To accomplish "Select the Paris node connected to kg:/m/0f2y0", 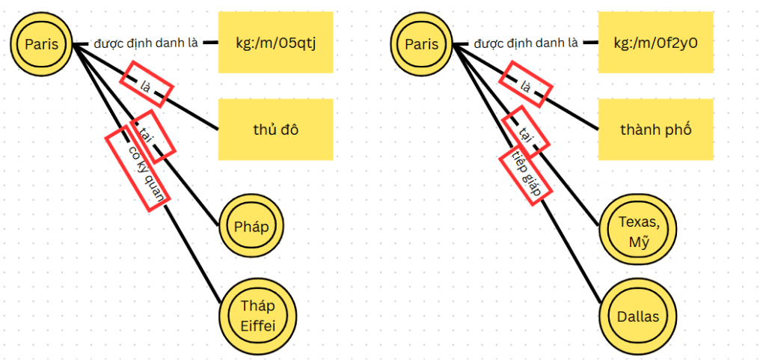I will click(421, 45).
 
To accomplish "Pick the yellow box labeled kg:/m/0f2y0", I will click(655, 43).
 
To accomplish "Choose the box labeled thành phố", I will click(655, 129).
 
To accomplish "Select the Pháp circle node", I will click(252, 225).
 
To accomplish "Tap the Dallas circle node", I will click(638, 316).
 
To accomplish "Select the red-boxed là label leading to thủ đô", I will click(147, 85).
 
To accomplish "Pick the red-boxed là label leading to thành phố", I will click(526, 85).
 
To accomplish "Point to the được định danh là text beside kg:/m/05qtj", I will click(146, 43).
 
